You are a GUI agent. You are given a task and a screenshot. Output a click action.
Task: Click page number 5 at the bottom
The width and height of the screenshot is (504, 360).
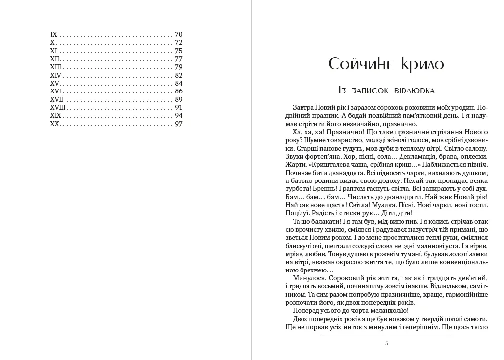pyautogui.click(x=387, y=343)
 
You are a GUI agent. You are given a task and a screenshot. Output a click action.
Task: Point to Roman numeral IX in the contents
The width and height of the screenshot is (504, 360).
pyautogui.click(x=54, y=35)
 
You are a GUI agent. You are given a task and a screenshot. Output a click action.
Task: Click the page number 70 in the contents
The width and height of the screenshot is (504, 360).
pyautogui.click(x=179, y=35)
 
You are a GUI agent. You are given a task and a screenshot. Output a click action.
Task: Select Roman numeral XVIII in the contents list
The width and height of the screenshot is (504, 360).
pyautogui.click(x=58, y=107)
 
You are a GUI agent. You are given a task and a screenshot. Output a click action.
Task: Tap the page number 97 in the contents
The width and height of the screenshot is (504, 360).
pyautogui.click(x=179, y=124)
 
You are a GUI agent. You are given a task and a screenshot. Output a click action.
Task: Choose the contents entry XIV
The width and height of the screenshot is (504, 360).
pyautogui.click(x=56, y=75)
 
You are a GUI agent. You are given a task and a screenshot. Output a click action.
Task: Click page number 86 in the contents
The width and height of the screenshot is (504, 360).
pyautogui.click(x=179, y=91)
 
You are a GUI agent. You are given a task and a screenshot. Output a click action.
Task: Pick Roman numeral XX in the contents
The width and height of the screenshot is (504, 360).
pyautogui.click(x=55, y=124)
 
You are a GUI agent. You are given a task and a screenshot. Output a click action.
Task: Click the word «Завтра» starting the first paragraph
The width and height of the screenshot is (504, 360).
pyautogui.click(x=304, y=107)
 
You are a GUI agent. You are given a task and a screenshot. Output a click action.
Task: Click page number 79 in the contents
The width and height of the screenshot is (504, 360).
pyautogui.click(x=179, y=67)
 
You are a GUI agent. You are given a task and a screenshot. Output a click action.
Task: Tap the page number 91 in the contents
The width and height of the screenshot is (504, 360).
pyautogui.click(x=179, y=107)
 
